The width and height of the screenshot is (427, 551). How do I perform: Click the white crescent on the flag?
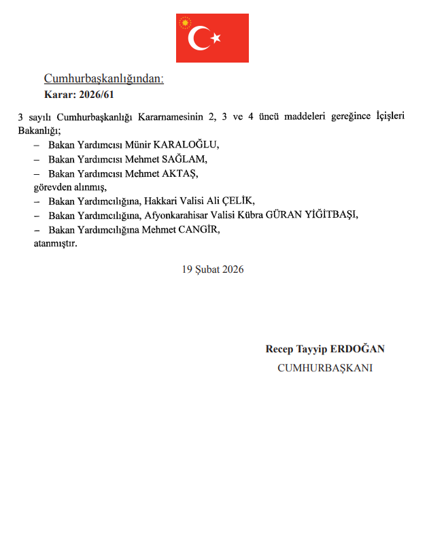point(199,38)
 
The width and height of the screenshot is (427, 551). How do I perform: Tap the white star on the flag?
point(216,39)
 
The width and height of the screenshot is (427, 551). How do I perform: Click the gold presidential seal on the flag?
point(185,23)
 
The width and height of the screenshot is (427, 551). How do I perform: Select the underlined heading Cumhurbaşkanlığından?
point(104,79)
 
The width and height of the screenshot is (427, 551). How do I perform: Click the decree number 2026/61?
point(97,94)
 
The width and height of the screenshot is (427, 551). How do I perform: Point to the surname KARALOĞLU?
point(186,146)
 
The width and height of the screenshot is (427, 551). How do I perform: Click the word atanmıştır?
point(55,243)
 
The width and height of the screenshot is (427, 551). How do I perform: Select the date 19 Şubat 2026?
point(213,269)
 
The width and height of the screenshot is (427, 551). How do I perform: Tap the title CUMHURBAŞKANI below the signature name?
point(325,368)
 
